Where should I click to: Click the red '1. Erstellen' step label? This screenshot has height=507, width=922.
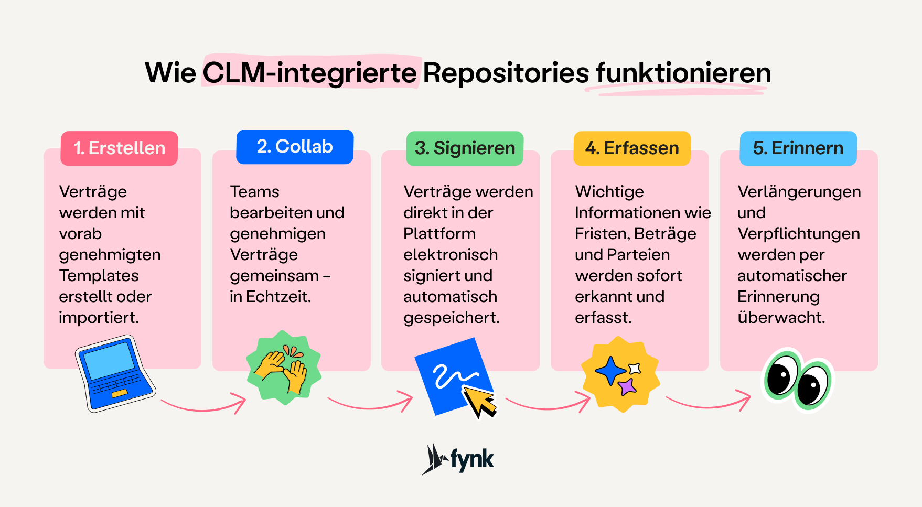(x=119, y=148)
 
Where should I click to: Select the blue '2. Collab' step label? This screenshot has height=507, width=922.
(x=295, y=147)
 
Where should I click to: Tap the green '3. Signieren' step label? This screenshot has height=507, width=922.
(x=465, y=148)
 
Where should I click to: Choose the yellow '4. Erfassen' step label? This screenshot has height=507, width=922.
(x=632, y=148)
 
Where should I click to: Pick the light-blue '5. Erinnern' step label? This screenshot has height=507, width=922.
(x=798, y=148)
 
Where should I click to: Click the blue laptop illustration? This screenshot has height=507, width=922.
(x=115, y=373)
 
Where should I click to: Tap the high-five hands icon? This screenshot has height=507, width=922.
(x=283, y=368)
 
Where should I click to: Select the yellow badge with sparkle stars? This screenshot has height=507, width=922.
(x=620, y=374)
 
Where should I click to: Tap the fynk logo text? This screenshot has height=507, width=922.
(x=472, y=460)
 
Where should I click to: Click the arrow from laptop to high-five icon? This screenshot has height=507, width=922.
(x=203, y=405)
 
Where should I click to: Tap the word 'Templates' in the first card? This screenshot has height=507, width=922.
(x=99, y=276)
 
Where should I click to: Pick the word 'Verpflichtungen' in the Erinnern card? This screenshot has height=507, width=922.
(x=798, y=234)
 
